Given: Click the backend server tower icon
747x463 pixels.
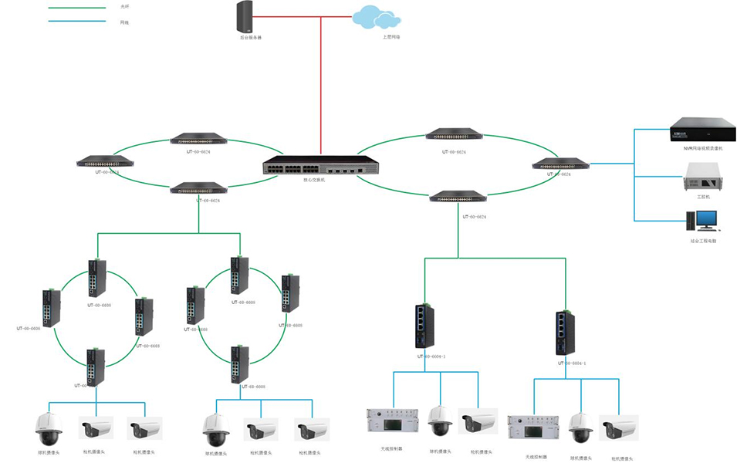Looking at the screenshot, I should click(x=245, y=15).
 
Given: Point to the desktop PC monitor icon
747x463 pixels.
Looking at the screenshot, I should click(x=705, y=220).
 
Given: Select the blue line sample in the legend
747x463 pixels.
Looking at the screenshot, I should click(x=77, y=22).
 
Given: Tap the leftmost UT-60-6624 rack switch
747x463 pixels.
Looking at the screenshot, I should click(x=105, y=162).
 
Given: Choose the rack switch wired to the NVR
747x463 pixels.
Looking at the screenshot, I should click(x=561, y=164).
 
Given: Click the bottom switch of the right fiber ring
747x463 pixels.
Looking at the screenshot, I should click(x=458, y=197).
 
